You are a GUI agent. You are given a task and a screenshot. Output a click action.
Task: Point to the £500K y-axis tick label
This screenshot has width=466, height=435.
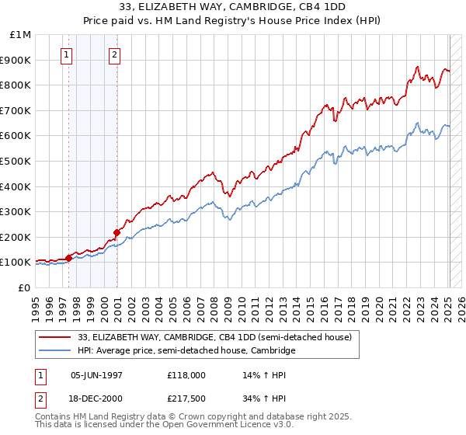17,161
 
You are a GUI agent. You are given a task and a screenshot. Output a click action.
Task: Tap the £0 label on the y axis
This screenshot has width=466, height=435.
25,287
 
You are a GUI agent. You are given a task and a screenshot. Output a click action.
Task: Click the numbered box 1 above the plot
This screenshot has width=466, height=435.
67,54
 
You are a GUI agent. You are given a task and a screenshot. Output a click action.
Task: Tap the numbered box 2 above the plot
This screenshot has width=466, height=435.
114,54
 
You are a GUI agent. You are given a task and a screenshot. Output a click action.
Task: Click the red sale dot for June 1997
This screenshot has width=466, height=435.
68,257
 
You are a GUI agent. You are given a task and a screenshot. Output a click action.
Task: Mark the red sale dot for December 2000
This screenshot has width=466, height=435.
116,232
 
